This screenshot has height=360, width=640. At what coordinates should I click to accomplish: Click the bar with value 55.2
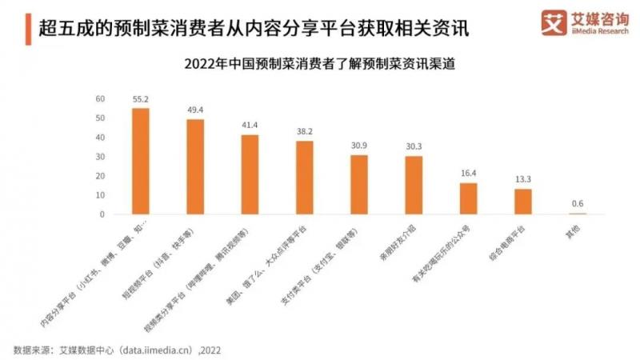[x=141, y=161]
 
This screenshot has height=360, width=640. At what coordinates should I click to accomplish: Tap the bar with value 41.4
[x=250, y=174]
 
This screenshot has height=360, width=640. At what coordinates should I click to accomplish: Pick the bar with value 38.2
[x=305, y=178]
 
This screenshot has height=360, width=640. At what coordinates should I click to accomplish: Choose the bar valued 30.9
[x=359, y=185]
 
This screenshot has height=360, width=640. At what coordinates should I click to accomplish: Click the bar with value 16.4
[x=468, y=198]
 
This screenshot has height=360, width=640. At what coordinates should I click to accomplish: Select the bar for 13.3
[x=523, y=202]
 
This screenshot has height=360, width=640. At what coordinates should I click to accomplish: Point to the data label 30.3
[x=414, y=146]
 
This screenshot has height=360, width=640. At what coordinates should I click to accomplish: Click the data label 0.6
[x=578, y=203]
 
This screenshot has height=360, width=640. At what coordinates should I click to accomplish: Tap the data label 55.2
[x=141, y=98]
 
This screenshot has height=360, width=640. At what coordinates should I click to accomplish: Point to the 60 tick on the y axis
[x=100, y=99]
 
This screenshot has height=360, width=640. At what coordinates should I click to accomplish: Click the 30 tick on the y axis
[x=100, y=157]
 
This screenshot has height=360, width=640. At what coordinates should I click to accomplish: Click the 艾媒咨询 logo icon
[x=553, y=21]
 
